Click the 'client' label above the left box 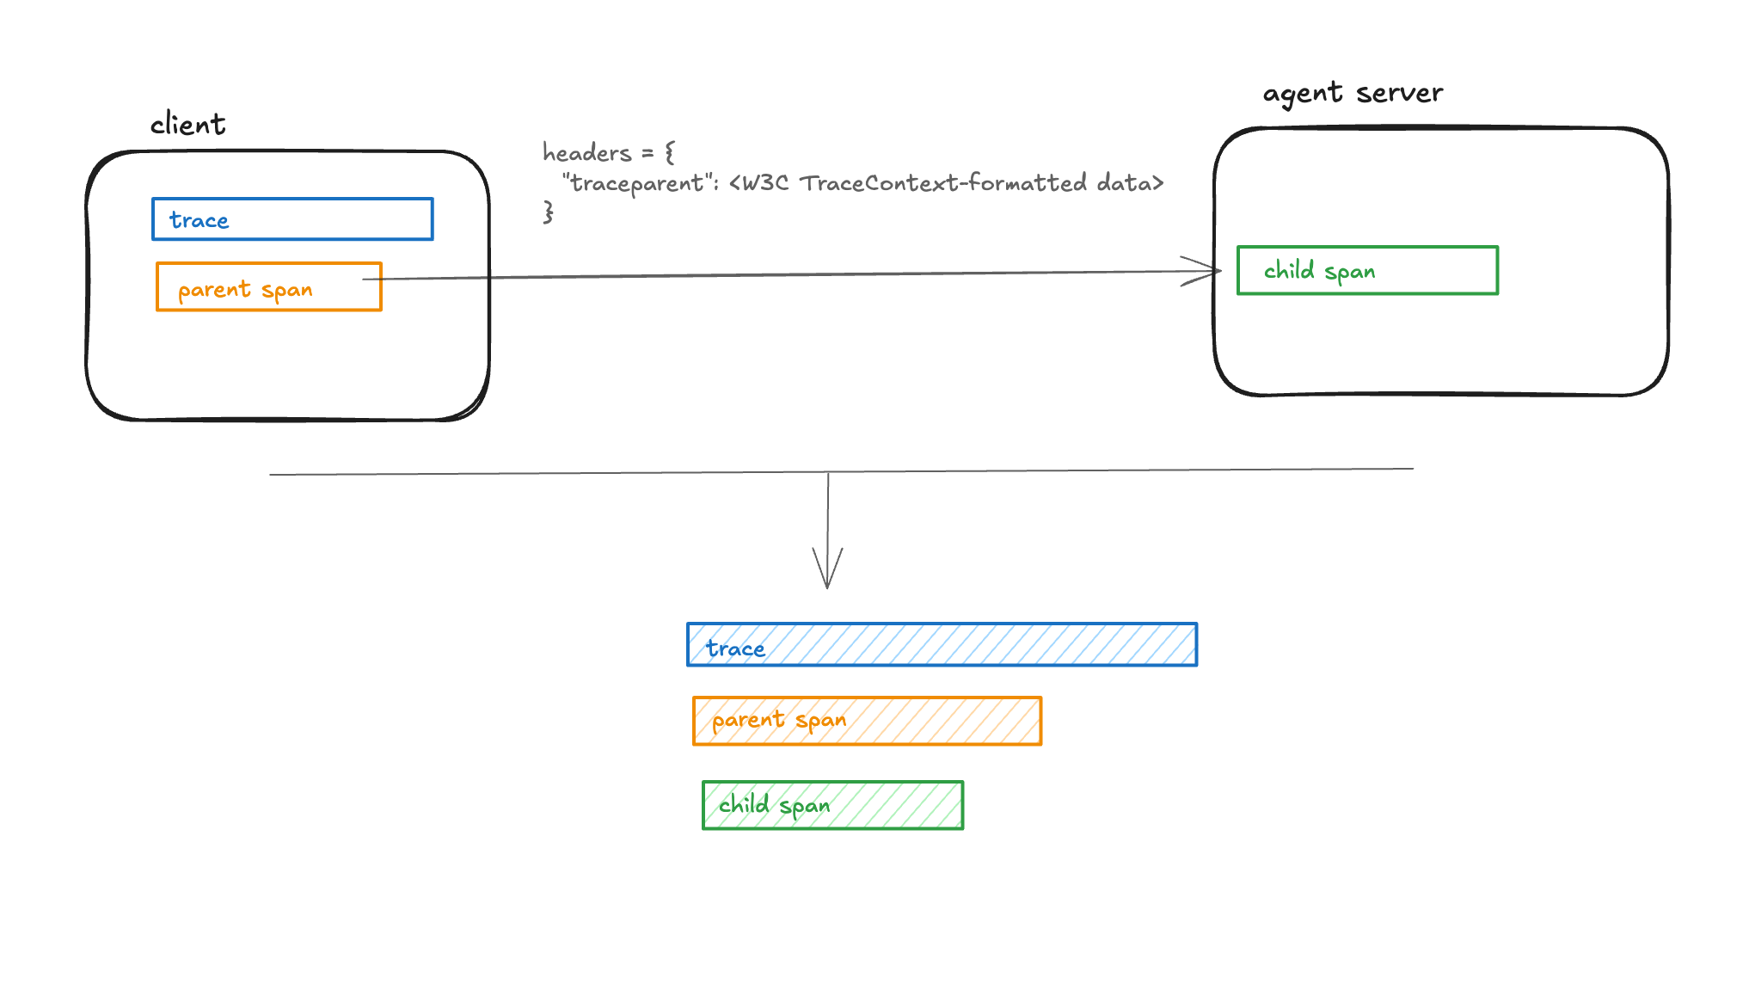tap(187, 125)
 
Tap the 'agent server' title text tap(1352, 93)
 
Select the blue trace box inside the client tap(292, 219)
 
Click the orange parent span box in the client tap(268, 287)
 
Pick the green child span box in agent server tap(1367, 271)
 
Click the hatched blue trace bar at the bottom tap(942, 645)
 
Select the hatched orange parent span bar tap(867, 721)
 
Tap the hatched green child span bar tap(832, 805)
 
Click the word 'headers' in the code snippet tap(587, 153)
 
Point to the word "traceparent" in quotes tap(637, 183)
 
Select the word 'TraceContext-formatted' tap(943, 183)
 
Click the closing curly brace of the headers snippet tap(548, 212)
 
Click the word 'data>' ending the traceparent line tap(1130, 183)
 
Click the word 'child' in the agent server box tap(1288, 271)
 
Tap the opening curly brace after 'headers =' tap(670, 153)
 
